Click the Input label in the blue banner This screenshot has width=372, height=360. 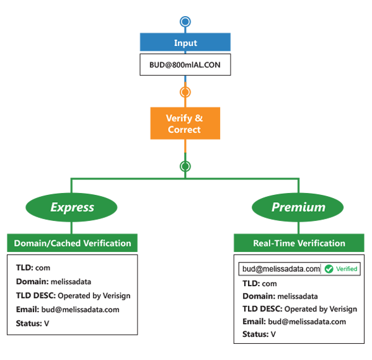click(185, 43)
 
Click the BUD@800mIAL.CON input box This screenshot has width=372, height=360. click(185, 64)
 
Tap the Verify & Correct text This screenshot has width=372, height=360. click(184, 124)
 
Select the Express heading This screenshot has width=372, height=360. click(72, 207)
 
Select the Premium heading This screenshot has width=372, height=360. click(298, 207)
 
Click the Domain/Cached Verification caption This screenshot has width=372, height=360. click(73, 243)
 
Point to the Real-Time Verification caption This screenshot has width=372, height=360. click(299, 243)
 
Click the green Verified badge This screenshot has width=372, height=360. click(340, 269)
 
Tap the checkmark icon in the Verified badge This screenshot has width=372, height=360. click(329, 269)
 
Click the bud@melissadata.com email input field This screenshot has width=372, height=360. click(280, 269)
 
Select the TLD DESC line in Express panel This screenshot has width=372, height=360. click(73, 295)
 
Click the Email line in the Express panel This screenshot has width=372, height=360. click(68, 309)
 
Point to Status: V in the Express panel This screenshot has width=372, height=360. click(33, 323)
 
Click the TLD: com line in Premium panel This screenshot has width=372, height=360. click(259, 283)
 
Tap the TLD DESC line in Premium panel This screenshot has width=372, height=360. click(299, 309)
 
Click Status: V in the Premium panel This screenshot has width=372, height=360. click(259, 335)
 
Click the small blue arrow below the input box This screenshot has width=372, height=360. click(184, 79)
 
